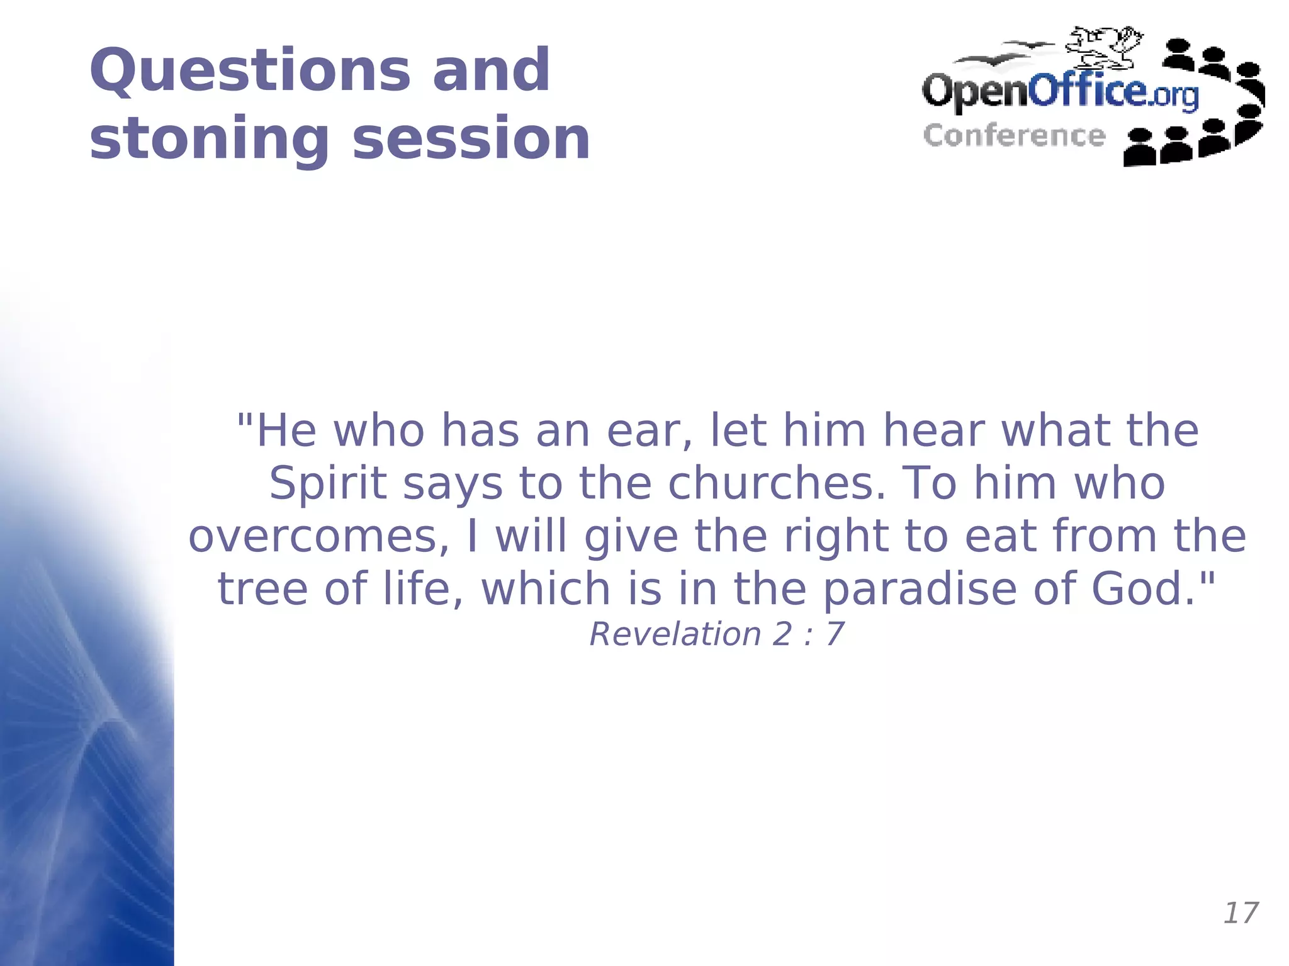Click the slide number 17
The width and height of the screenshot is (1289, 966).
tap(1240, 913)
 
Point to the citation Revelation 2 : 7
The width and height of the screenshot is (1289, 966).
tap(716, 634)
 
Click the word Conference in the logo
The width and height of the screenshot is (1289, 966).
tap(1014, 136)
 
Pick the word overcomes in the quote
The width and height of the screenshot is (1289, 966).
tap(318, 536)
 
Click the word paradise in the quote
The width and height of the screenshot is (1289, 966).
tap(920, 589)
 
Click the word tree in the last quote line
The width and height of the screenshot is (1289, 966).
tap(262, 589)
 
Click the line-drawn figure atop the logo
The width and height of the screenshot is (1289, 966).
tap(1105, 47)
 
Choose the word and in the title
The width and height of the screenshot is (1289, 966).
tap(491, 70)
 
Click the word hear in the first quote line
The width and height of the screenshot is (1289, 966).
tap(933, 432)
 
